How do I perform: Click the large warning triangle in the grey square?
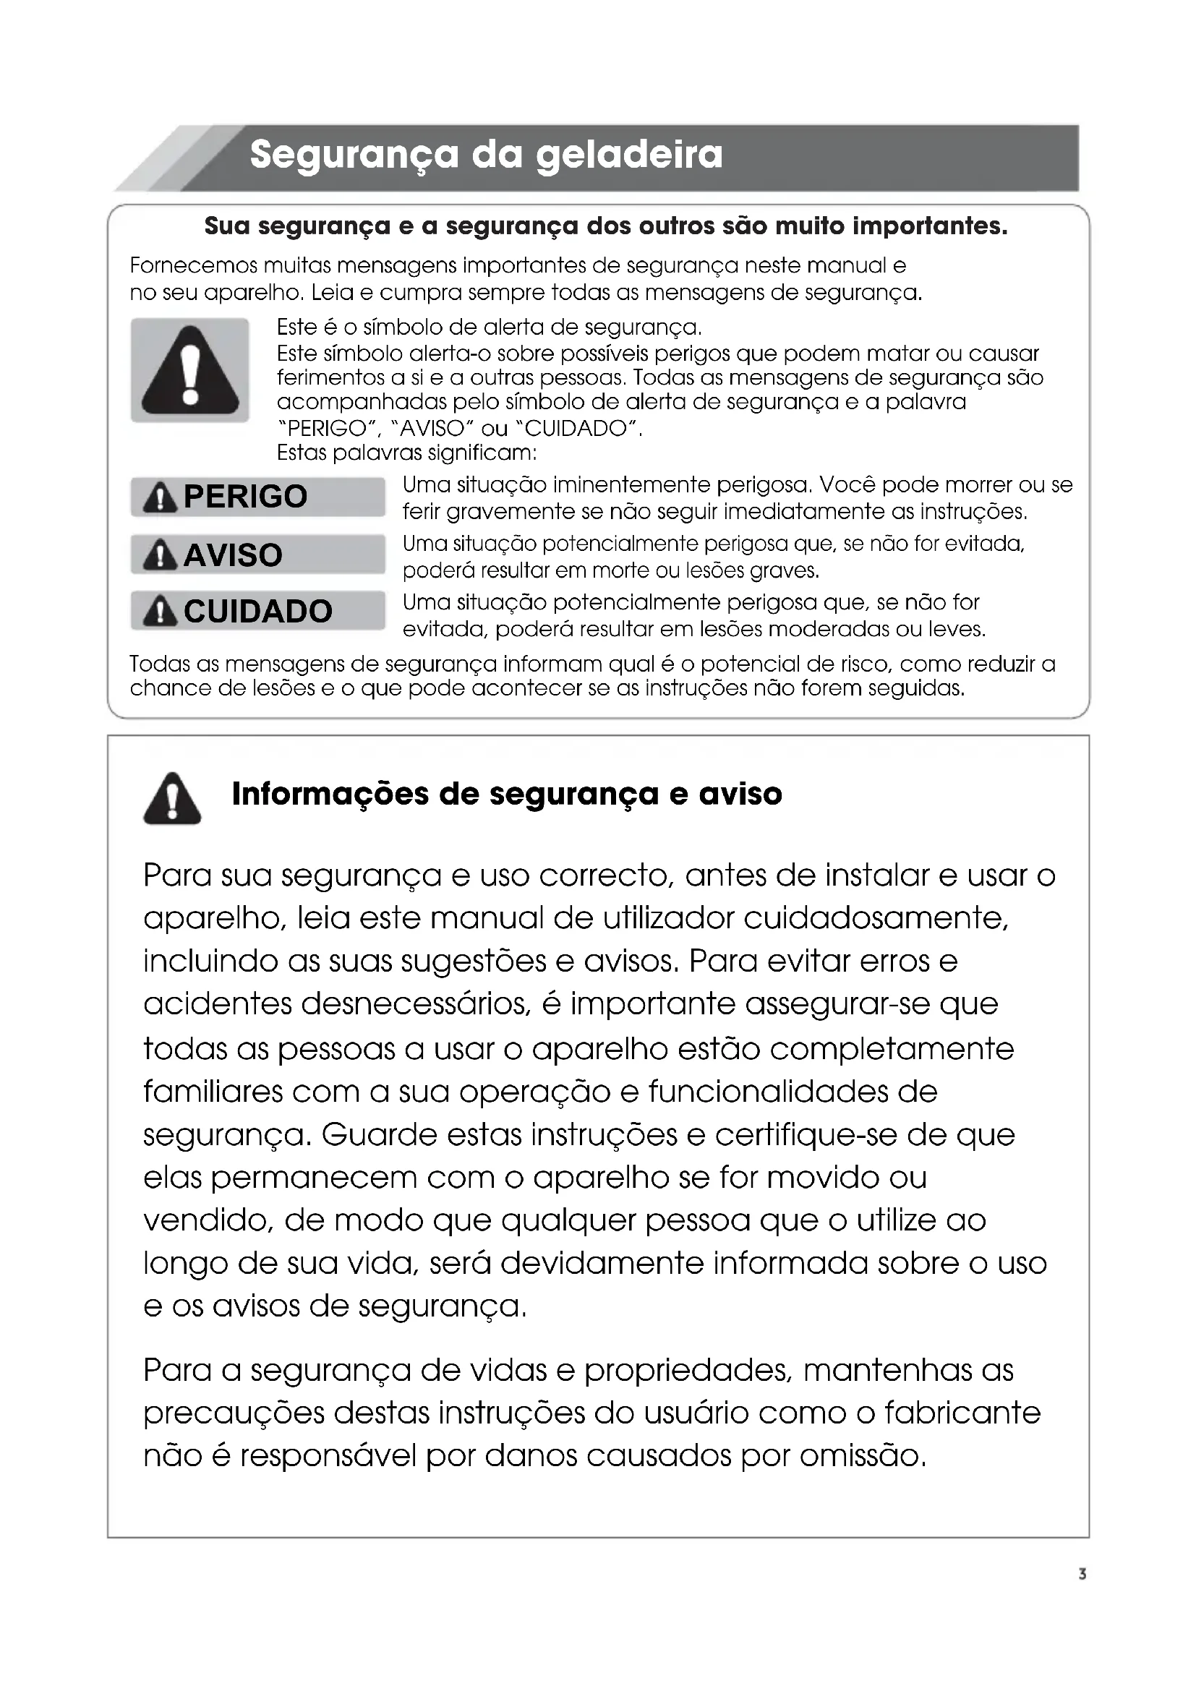click(x=190, y=370)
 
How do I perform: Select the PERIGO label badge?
click(x=257, y=497)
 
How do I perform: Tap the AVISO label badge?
click(x=257, y=555)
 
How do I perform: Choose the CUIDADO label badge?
click(x=257, y=612)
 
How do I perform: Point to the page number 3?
click(x=1082, y=1574)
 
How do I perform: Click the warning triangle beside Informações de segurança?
click(x=172, y=798)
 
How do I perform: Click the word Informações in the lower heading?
click(x=331, y=794)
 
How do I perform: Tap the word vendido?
click(x=208, y=1220)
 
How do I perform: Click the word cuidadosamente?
click(x=875, y=918)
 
